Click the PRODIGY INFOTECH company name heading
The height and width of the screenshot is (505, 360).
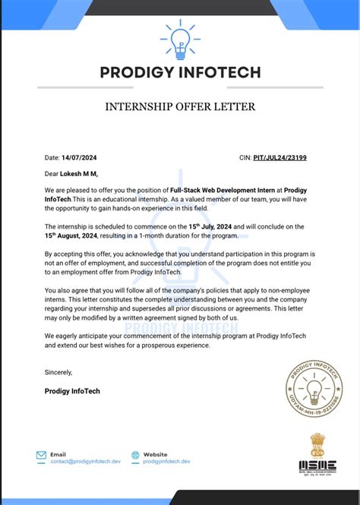coord(180,73)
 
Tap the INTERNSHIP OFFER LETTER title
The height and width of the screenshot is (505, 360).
coord(180,106)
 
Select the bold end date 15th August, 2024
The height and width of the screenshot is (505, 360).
coord(75,235)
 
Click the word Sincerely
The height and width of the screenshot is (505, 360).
coord(58,372)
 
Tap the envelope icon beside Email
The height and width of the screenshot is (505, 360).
coord(41,456)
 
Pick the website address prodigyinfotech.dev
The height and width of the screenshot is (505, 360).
coord(166,462)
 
